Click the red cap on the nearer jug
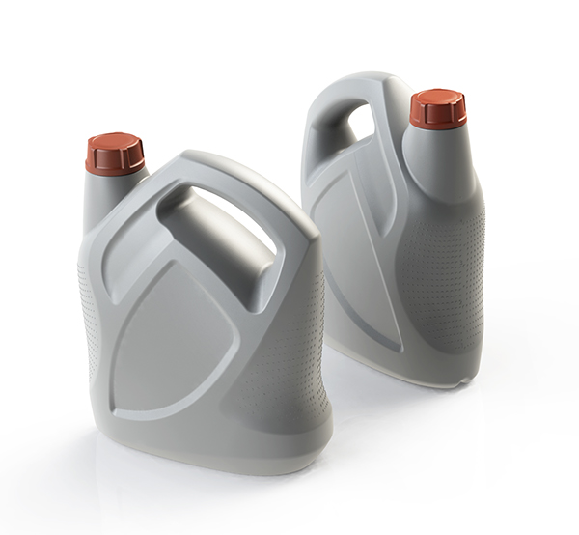pos(114,155)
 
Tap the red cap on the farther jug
pos(437,110)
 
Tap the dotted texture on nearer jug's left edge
pos(87,319)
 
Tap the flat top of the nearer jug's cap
pos(114,141)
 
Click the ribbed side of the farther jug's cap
pos(437,116)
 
